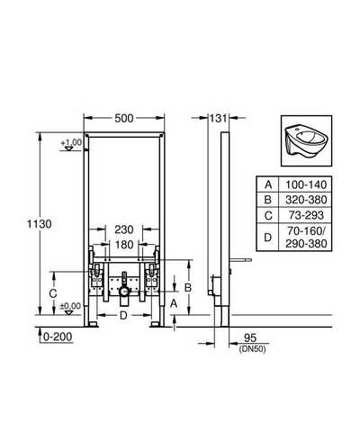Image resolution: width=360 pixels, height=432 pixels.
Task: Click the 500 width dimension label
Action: tap(124, 119)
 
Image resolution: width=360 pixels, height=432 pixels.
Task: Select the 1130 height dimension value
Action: tap(40, 224)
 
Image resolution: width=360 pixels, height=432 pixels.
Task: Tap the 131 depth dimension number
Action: tap(218, 119)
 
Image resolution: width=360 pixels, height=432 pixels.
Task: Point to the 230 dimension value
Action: tap(124, 229)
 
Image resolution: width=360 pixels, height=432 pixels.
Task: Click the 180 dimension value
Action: tap(124, 245)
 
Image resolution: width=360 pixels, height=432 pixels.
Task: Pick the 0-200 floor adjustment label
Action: tap(58, 337)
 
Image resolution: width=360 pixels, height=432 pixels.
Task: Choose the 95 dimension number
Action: tap(250, 338)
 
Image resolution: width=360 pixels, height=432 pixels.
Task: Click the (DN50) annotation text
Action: tap(252, 349)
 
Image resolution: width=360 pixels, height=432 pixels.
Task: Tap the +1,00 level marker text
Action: tap(71, 142)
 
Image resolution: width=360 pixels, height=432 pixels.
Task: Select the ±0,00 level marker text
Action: tap(71, 306)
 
